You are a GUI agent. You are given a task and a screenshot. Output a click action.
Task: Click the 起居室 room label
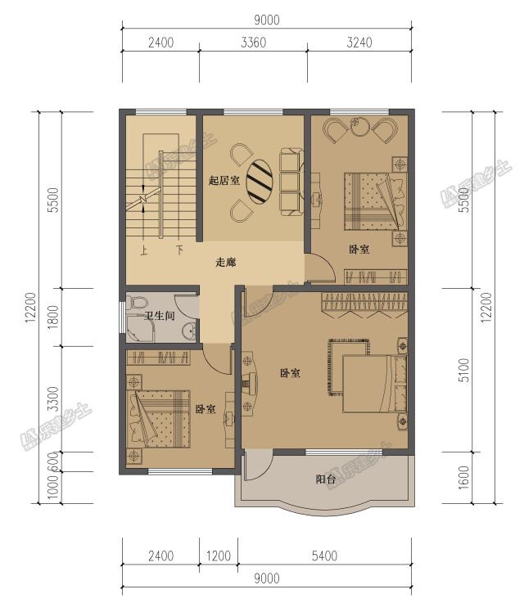[224, 180]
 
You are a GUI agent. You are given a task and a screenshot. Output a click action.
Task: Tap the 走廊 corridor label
[226, 262]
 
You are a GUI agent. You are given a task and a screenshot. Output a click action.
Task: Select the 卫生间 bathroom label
[159, 315]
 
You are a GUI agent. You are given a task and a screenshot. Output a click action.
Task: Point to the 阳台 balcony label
[326, 479]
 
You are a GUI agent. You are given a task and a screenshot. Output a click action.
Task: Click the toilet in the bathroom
[138, 303]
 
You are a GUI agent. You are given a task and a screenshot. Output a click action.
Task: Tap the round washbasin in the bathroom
[190, 331]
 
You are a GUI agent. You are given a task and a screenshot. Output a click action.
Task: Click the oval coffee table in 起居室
[260, 181]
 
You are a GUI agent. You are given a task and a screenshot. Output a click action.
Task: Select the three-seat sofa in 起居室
[291, 182]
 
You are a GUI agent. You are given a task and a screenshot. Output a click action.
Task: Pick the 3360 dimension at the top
[254, 43]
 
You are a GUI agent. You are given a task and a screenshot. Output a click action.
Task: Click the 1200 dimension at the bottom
[219, 556]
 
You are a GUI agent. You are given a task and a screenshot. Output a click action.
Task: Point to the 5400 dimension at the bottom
[324, 556]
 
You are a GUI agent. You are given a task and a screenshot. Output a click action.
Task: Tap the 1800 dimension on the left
[53, 317]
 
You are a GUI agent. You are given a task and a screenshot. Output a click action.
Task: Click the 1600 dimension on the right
[463, 477]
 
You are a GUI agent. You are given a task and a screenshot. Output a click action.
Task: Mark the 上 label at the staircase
[144, 250]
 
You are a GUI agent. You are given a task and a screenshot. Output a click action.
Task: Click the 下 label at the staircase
[179, 250]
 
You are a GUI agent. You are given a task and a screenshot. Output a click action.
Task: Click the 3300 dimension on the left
[53, 399]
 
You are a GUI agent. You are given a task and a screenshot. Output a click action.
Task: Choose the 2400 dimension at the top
[160, 43]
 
